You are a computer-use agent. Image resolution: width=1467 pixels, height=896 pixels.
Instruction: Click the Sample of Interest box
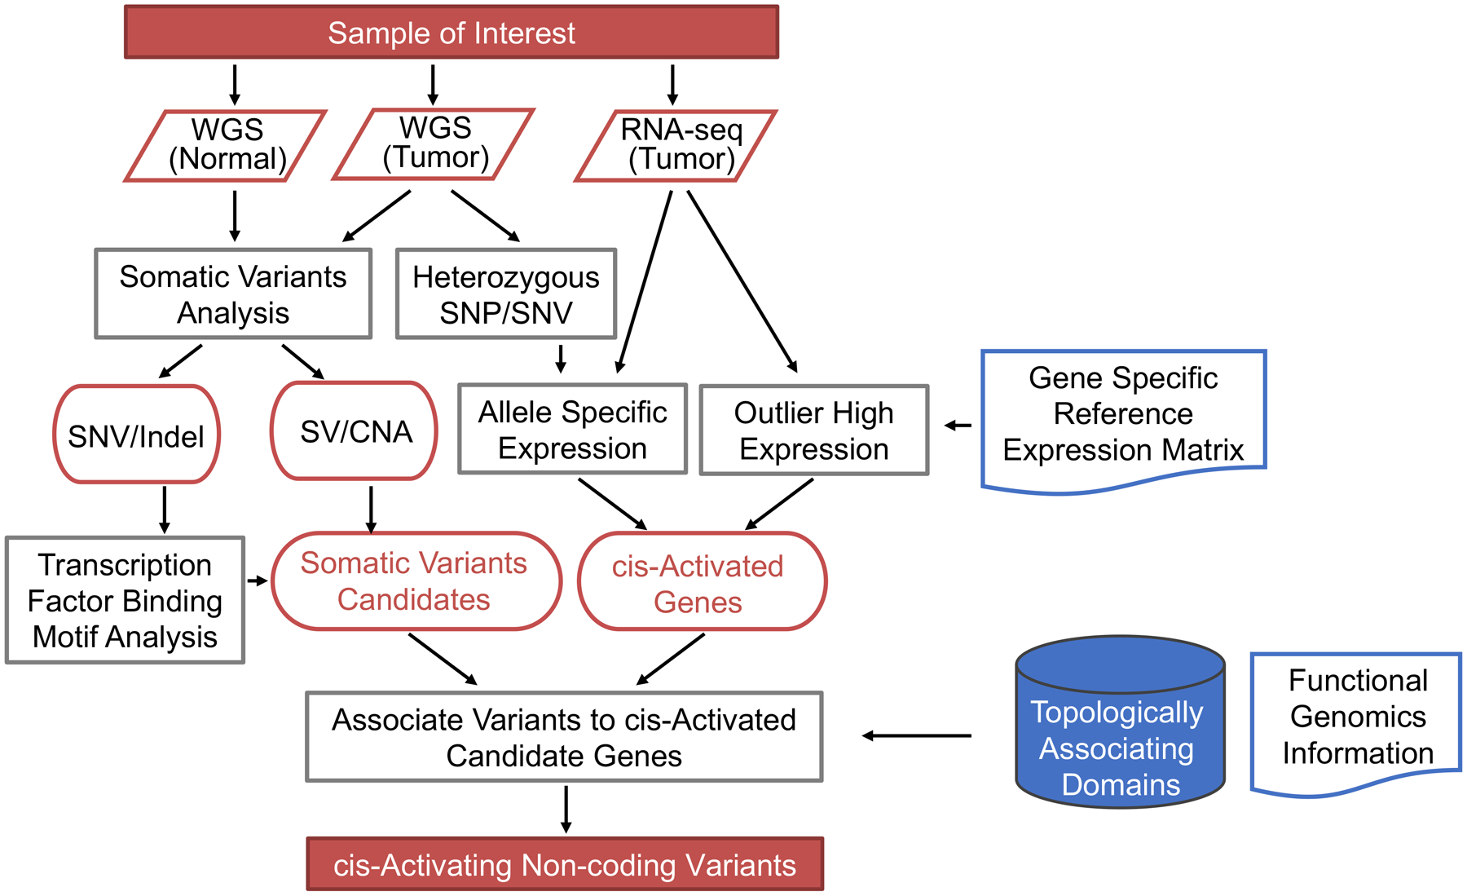(451, 33)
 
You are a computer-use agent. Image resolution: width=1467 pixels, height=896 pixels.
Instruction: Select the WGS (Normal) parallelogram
(227, 145)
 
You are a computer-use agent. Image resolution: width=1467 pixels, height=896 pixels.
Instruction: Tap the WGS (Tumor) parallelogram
(434, 143)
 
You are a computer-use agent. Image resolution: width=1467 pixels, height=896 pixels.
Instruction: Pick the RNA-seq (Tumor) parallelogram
(676, 145)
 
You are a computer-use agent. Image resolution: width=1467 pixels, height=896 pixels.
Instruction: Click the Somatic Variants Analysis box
(233, 294)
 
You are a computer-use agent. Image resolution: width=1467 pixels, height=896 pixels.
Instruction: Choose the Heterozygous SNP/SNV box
(505, 294)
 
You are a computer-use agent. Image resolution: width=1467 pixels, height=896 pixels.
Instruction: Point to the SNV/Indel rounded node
(136, 435)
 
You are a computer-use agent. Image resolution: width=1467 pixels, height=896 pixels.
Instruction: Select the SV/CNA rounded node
(355, 430)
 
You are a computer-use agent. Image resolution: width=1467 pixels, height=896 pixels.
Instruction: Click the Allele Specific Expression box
(572, 429)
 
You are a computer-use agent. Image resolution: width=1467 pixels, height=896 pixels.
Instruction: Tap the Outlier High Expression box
(813, 430)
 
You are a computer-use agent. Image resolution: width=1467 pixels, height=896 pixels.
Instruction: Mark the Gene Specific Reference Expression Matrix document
(1123, 416)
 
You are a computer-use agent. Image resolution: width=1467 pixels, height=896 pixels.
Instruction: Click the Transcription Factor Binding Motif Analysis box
(125, 600)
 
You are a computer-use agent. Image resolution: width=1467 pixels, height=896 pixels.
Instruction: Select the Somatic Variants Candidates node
(416, 580)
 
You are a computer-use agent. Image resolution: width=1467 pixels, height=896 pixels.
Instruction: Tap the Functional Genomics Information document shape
(1356, 717)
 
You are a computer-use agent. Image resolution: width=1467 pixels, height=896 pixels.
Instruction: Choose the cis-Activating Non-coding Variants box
(565, 864)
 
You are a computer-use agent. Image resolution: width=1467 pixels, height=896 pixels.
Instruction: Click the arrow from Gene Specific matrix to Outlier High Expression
(958, 425)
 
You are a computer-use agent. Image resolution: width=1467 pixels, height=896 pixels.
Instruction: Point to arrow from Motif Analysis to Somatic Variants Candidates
(258, 580)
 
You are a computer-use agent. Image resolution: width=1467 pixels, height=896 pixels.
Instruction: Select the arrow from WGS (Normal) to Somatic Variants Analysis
(235, 216)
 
